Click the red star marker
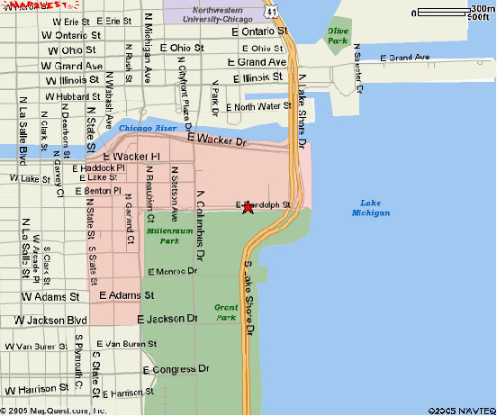click(x=248, y=208)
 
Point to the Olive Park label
click(x=338, y=35)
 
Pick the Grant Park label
click(x=225, y=312)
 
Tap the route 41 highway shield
click(x=271, y=9)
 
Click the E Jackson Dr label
click(x=167, y=319)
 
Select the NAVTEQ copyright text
click(x=460, y=409)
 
